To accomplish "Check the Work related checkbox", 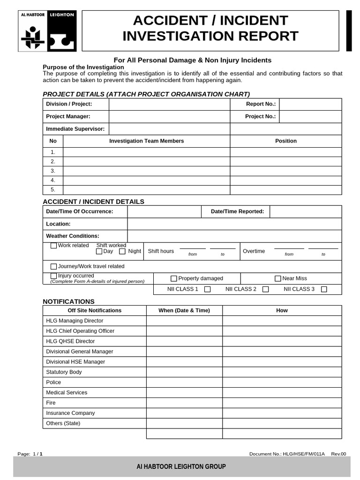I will pos(54,246).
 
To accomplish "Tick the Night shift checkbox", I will pos(122,251).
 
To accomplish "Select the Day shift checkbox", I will pos(99,251).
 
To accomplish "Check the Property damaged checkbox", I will pos(174,278).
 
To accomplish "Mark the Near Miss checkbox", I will pos(278,278).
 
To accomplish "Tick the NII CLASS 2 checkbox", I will pos(266,289).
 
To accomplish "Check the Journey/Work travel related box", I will pos(54,266).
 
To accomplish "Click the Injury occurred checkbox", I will pos(54,276).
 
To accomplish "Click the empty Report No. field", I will pos(310,104).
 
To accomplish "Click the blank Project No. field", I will pos(310,116).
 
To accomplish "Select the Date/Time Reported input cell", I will pos(306,211).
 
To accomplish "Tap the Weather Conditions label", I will pos(73,236).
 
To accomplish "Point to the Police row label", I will pos(53,382).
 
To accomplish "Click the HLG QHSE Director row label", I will pos(70,341).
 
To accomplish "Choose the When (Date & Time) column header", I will pos(184,310).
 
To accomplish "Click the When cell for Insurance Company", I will pos(184,413).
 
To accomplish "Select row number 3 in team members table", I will pos(53,171).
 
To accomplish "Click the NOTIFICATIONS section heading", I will pos(68,301).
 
